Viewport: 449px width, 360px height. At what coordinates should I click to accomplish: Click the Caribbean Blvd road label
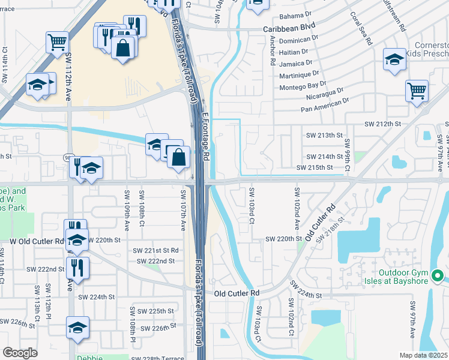coord(289,29)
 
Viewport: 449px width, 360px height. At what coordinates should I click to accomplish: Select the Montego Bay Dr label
coord(303,85)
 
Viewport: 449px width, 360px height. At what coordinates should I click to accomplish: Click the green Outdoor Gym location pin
coord(438,277)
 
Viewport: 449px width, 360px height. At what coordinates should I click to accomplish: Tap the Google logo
coord(19,353)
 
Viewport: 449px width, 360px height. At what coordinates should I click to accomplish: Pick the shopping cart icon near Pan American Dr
coord(417,91)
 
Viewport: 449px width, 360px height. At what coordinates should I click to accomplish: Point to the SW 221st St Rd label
coord(156,250)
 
